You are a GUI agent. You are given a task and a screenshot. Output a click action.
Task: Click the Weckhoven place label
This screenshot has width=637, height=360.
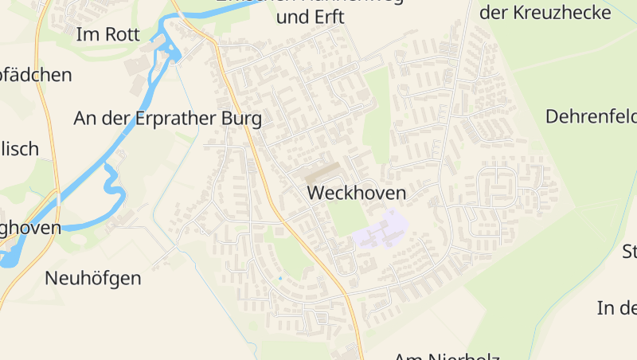click(356, 193)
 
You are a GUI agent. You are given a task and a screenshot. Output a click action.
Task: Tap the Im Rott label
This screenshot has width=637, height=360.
click(107, 34)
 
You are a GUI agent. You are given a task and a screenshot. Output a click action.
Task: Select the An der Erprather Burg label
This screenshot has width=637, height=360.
click(167, 119)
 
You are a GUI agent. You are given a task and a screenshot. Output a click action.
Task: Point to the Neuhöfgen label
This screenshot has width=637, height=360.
click(93, 278)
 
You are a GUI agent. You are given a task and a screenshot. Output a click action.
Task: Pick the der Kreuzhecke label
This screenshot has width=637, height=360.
click(545, 13)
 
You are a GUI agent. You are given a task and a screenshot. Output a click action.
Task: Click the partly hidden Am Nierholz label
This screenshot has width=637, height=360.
click(446, 355)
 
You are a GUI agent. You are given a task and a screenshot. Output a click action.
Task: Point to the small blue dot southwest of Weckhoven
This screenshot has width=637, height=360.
click(279, 278)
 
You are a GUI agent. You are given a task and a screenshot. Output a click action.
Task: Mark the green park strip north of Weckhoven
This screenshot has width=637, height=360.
click(376, 119)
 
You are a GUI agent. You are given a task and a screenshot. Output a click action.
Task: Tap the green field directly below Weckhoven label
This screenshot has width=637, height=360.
click(348, 217)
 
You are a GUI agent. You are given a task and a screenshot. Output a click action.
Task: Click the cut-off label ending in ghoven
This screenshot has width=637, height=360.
click(30, 228)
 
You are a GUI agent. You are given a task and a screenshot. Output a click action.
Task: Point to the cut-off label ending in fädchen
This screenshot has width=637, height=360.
click(36, 75)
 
